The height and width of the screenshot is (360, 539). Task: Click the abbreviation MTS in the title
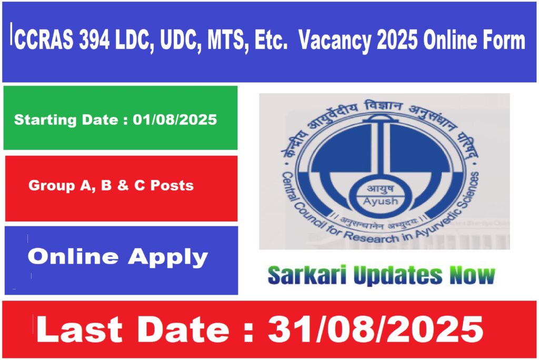click(228, 40)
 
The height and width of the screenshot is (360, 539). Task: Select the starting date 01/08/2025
click(175, 119)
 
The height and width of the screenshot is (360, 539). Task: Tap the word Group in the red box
click(52, 186)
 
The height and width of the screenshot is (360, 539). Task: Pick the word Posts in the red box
click(172, 186)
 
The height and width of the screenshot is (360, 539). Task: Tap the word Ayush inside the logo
click(381, 202)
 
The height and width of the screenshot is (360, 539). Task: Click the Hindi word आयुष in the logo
click(381, 189)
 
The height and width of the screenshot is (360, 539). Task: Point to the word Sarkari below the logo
click(307, 275)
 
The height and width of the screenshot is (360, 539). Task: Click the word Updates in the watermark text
click(398, 276)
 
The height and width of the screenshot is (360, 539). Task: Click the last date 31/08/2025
click(376, 329)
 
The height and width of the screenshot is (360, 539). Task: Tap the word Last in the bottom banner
click(79, 329)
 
